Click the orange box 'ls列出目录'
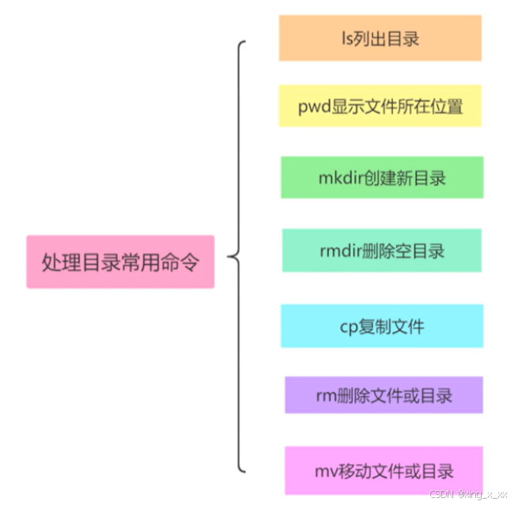pyautogui.click(x=380, y=38)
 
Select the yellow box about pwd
pyautogui.click(x=380, y=107)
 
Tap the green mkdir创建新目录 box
pyautogui.click(x=382, y=177)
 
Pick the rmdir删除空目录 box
pyautogui.click(x=382, y=251)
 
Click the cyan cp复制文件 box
pyautogui.click(x=382, y=326)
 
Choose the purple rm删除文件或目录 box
pyautogui.click(x=384, y=394)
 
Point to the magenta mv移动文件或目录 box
pyautogui.click(x=384, y=471)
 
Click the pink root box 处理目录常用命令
pyautogui.click(x=120, y=262)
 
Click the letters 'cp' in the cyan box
pyautogui.click(x=350, y=326)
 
